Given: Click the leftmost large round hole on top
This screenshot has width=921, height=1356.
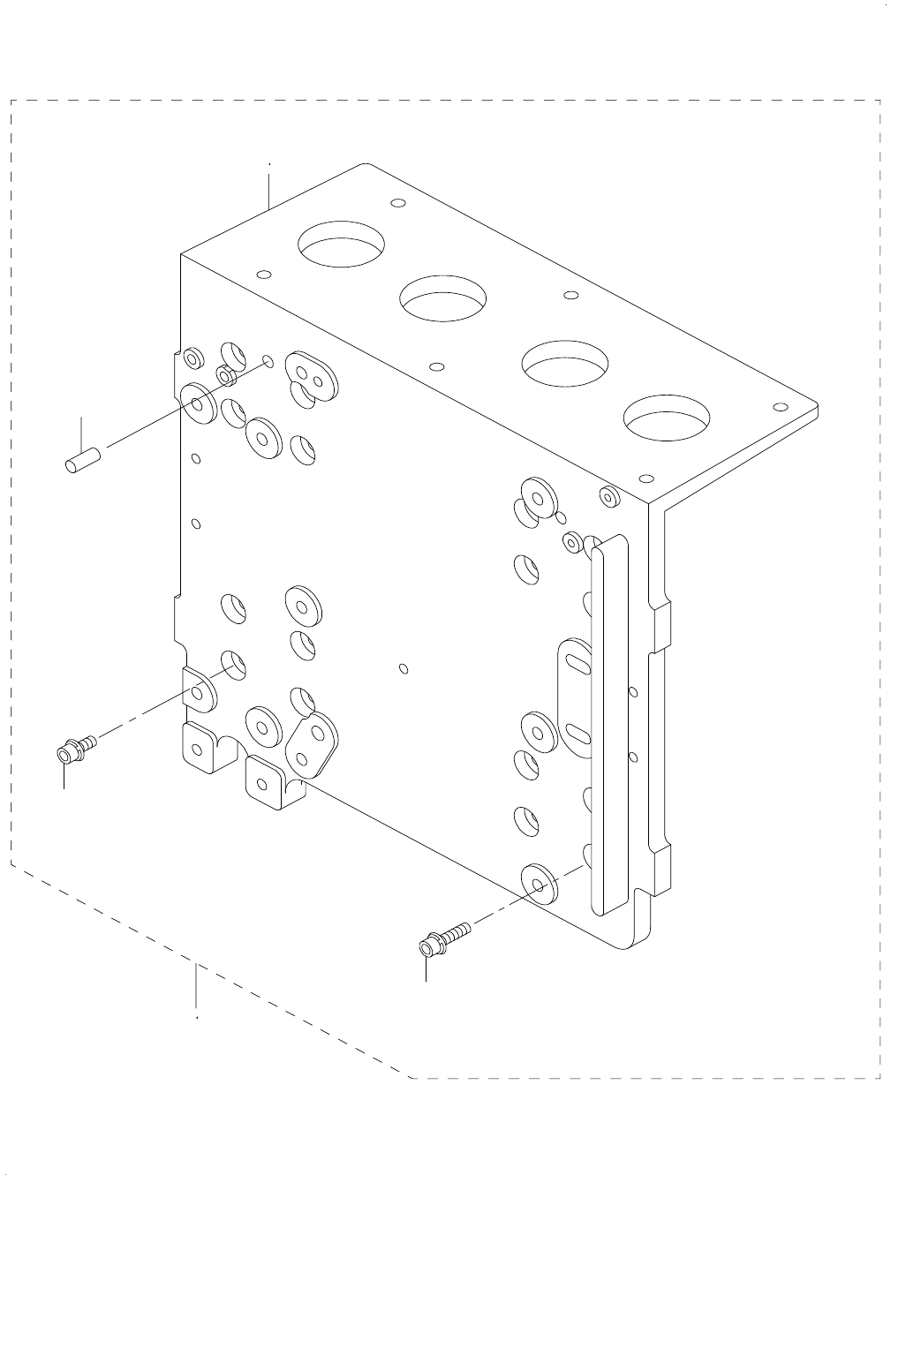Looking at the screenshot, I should pyautogui.click(x=343, y=244).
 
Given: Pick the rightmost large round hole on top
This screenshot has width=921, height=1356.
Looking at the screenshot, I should pyautogui.click(x=667, y=418).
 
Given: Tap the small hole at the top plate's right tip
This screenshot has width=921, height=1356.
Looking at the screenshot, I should pyautogui.click(x=779, y=407).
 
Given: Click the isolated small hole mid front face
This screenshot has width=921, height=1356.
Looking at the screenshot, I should pyautogui.click(x=403, y=668).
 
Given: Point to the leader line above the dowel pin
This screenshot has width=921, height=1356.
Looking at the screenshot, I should pyautogui.click(x=81, y=432).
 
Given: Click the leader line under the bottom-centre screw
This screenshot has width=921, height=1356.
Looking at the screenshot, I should pyautogui.click(x=427, y=968).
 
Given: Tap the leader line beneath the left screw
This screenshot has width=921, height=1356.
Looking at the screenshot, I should pyautogui.click(x=64, y=777).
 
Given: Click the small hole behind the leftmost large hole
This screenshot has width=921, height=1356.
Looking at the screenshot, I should pyautogui.click(x=398, y=203).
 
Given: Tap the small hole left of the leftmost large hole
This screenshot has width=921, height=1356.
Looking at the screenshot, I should pyautogui.click(x=262, y=274).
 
